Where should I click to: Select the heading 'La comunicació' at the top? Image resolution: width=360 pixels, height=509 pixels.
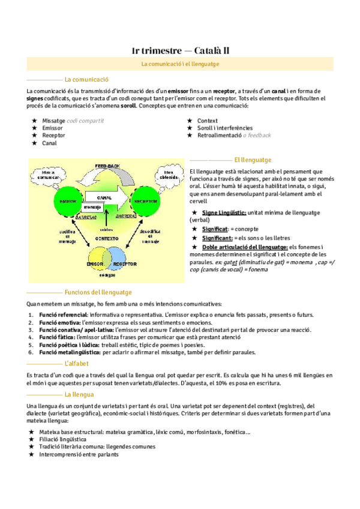86,79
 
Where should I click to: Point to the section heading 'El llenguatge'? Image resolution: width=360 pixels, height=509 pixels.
253,160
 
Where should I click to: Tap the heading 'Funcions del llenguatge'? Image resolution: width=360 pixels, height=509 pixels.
98,292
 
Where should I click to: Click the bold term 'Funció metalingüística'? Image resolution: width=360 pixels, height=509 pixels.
70,353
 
